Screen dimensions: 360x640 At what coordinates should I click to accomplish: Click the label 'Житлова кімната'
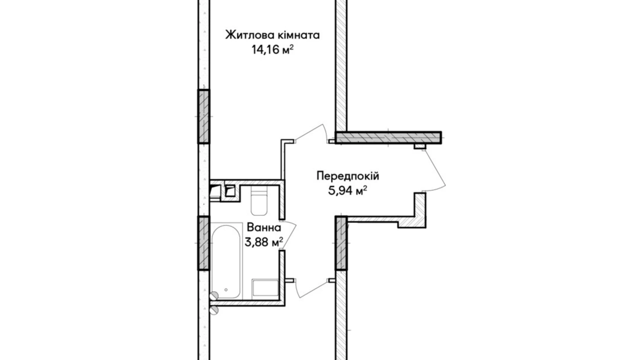coord(272,35)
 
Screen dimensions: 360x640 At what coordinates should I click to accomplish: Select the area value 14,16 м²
coord(272,50)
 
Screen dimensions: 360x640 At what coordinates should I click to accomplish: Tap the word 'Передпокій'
coord(348,176)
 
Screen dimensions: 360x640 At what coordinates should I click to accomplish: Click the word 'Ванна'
coord(264,228)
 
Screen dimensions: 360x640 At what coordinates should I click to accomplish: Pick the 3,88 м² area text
coord(264,242)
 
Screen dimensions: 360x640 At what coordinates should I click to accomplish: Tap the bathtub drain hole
coord(226,290)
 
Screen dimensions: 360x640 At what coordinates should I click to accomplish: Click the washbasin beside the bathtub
coord(265,288)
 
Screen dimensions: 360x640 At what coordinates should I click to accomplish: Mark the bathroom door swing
coord(290,235)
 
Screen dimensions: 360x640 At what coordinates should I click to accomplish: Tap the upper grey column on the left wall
coord(204,116)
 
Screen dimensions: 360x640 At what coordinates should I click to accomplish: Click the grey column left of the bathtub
coord(204,243)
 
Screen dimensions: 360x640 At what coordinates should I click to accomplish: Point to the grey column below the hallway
coord(341,243)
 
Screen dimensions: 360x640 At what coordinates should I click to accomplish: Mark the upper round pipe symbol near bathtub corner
coord(214,295)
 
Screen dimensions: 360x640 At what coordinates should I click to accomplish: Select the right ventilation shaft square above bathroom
coord(230,191)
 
